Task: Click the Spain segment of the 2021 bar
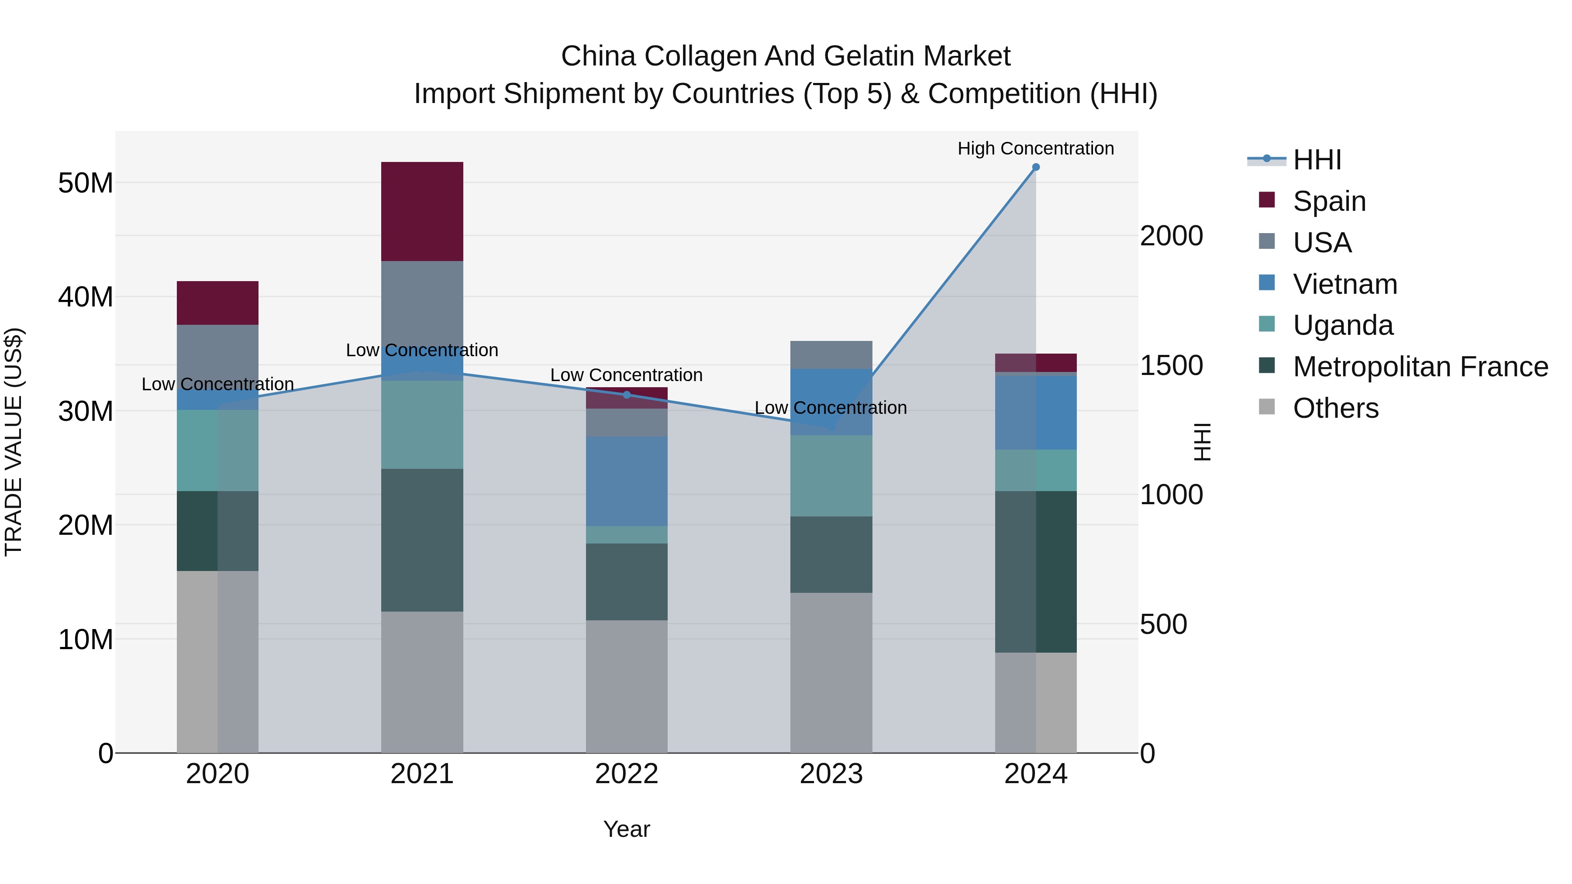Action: point(422,211)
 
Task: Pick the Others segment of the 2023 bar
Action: point(831,672)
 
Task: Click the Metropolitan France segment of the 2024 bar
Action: point(1036,571)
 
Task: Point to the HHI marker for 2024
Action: point(1036,167)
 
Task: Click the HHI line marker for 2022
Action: point(626,395)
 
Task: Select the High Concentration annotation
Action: point(1036,148)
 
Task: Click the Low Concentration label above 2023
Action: point(831,408)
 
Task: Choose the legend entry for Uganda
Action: point(1343,325)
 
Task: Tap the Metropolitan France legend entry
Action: point(1420,367)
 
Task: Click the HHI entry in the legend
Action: point(1317,160)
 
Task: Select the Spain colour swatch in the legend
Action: point(1266,200)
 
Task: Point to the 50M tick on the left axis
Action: point(86,183)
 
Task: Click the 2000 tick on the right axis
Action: point(1171,236)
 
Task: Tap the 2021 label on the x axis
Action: point(422,774)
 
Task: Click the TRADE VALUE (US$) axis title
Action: point(14,442)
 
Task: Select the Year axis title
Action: point(626,829)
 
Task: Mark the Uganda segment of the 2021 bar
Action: point(422,425)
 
